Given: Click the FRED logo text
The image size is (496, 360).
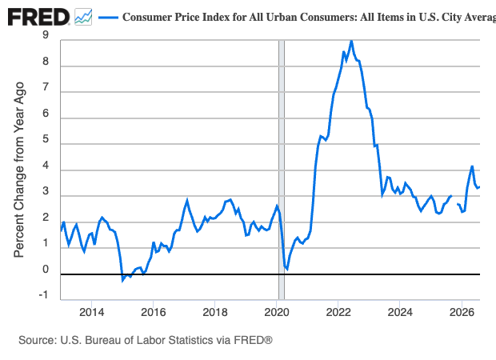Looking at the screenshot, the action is point(38,17).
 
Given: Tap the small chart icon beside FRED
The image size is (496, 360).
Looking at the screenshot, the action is point(83,17).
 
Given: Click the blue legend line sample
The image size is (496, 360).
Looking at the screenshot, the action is point(108,17).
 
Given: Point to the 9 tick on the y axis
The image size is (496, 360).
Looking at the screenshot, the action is point(46,34).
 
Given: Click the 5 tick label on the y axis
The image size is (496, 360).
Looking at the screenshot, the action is point(46,139).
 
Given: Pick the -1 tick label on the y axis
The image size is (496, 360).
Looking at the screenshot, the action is point(44,295).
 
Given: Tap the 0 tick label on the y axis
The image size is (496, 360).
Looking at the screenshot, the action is point(46,270).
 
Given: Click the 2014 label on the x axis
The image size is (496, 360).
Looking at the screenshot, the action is point(91,312).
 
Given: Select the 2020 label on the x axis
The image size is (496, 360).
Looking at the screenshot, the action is point(277,312).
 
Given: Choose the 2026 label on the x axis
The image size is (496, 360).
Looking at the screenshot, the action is point(462,312).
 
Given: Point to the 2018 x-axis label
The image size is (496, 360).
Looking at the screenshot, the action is point(214,312).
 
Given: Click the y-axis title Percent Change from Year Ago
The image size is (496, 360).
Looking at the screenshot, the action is point(19,170).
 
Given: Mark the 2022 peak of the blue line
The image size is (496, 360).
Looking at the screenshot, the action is point(351,41).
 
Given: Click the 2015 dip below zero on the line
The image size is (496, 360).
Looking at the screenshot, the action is point(122,280).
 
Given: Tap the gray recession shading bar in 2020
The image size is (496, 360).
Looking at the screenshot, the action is point(282,170).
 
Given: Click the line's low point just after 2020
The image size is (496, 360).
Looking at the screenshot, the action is point(286,269).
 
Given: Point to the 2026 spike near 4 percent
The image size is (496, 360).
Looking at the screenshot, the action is point(472,166).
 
